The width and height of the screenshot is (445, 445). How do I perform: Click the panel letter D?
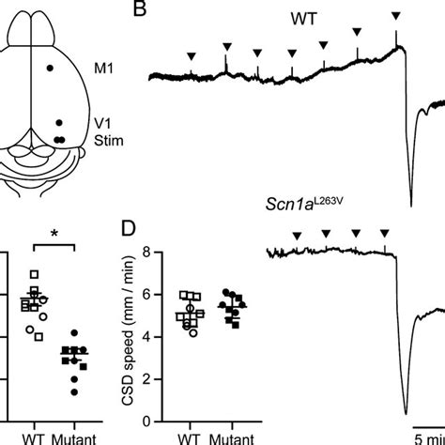136,232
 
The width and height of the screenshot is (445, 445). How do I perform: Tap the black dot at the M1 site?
52,68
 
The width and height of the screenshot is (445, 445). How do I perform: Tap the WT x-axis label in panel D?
192,437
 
